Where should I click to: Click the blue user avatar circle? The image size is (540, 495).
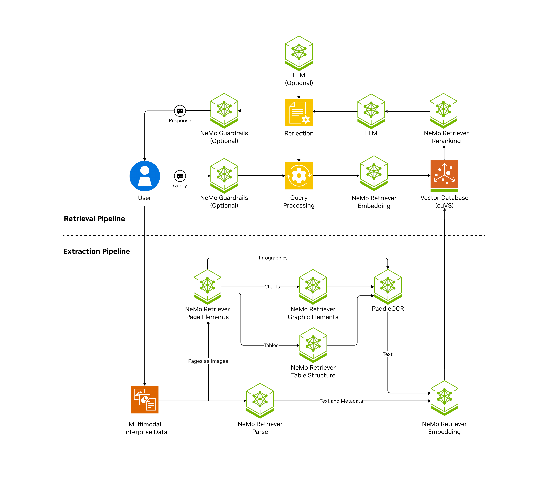[145, 176]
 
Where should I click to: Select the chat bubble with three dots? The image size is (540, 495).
[180, 111]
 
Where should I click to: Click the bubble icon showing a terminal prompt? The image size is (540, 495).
[180, 176]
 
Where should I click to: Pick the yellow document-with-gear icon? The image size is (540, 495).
[299, 113]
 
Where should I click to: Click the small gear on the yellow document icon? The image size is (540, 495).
[306, 119]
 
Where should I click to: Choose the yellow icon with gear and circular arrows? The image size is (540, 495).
[299, 176]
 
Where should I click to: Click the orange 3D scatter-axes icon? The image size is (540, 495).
[444, 174]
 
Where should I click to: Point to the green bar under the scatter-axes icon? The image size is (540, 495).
[444, 190]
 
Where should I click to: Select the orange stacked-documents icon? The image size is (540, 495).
[145, 400]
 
